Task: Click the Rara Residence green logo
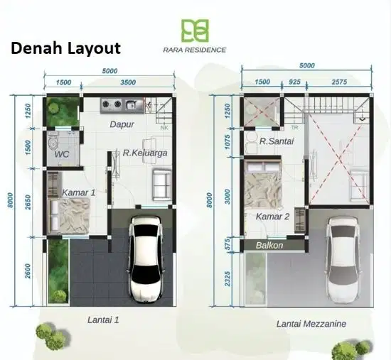coord(195,30)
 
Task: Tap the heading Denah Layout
coord(66,48)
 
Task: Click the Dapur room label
coord(122,124)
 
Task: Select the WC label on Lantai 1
coord(62,154)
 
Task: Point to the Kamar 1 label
coord(78,192)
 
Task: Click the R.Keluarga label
coord(145,153)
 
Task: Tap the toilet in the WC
coord(53,141)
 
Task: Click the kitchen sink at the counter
coord(132,105)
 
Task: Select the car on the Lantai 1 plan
coord(146,258)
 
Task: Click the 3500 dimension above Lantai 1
coord(128,82)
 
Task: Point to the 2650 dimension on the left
coord(28,202)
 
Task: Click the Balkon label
coord(269,246)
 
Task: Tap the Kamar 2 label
coord(272,217)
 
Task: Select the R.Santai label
coord(277,141)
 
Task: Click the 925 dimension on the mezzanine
coord(294,82)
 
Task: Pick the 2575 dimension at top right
coord(339,82)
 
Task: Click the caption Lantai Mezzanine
coord(311,324)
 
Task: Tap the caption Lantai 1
coord(103,320)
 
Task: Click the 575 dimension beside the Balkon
coord(227,245)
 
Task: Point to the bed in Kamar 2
coord(263,184)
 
